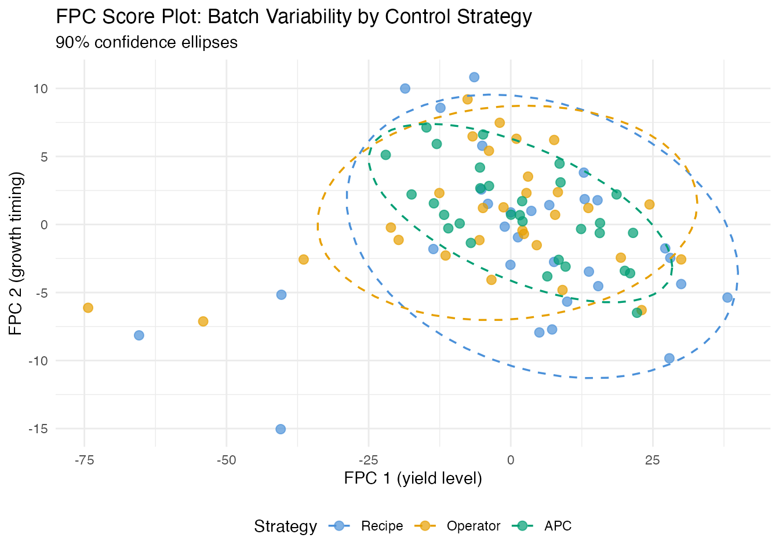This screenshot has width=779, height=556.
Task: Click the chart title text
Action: click(x=293, y=17)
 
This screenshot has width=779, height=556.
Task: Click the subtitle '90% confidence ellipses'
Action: click(x=147, y=43)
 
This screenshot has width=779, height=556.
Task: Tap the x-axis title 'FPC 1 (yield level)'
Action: click(x=413, y=478)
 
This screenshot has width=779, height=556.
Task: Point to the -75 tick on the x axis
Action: click(x=85, y=460)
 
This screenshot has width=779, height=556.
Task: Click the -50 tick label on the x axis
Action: click(x=226, y=460)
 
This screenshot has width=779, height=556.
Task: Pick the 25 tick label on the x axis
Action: click(x=653, y=460)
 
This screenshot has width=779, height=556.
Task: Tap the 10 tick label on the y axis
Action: click(x=40, y=89)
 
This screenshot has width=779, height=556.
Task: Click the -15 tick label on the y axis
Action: click(x=38, y=429)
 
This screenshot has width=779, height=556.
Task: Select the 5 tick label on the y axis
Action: click(x=43, y=157)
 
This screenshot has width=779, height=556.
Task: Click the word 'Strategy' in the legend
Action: click(x=285, y=526)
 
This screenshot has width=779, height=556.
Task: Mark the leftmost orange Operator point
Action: click(x=88, y=308)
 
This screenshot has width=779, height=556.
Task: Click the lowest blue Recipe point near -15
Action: click(x=281, y=429)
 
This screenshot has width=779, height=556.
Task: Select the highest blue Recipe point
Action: click(x=474, y=77)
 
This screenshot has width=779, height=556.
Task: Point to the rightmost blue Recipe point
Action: click(x=727, y=298)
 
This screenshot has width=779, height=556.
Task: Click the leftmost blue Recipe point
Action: click(x=139, y=335)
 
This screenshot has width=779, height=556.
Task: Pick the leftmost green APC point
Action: click(x=385, y=155)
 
